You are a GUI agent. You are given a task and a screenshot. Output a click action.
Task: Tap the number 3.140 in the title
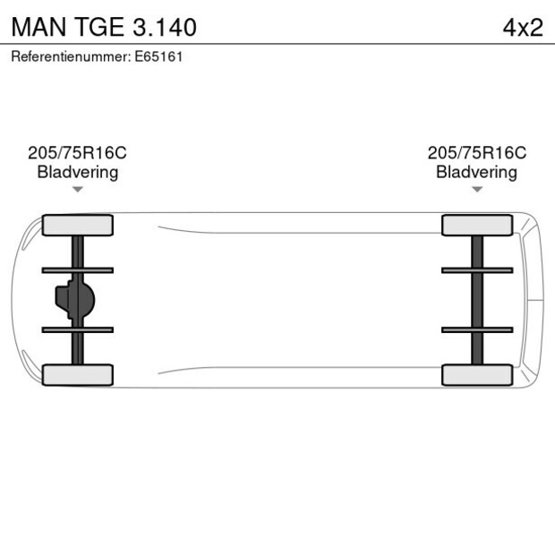pyautogui.click(x=164, y=27)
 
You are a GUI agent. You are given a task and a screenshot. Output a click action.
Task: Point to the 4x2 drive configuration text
pyautogui.click(x=522, y=27)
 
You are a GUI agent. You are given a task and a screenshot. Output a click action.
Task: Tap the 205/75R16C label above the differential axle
pyautogui.click(x=78, y=153)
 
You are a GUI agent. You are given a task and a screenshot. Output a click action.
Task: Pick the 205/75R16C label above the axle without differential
pyautogui.click(x=476, y=153)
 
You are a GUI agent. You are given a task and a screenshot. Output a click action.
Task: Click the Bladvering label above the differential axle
pyautogui.click(x=78, y=172)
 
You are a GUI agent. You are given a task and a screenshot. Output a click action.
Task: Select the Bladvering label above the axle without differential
pyautogui.click(x=476, y=172)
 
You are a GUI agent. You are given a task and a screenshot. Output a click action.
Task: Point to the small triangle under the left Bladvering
pyautogui.click(x=78, y=190)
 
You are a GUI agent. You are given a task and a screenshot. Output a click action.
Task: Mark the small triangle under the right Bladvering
pyautogui.click(x=477, y=190)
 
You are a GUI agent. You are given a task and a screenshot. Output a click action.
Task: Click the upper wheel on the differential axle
pyautogui.click(x=78, y=225)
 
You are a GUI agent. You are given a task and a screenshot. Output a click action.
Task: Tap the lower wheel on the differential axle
pyautogui.click(x=78, y=375)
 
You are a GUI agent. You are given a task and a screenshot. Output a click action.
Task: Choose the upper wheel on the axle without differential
pyautogui.click(x=477, y=225)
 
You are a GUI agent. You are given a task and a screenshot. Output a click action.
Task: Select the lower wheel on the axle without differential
pyautogui.click(x=477, y=375)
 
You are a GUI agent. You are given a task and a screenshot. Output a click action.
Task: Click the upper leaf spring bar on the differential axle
pyautogui.click(x=78, y=269)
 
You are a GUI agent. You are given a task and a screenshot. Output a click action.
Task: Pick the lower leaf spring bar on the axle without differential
pyautogui.click(x=477, y=329)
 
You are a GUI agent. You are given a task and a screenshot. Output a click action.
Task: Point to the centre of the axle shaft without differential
pyautogui.click(x=477, y=300)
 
